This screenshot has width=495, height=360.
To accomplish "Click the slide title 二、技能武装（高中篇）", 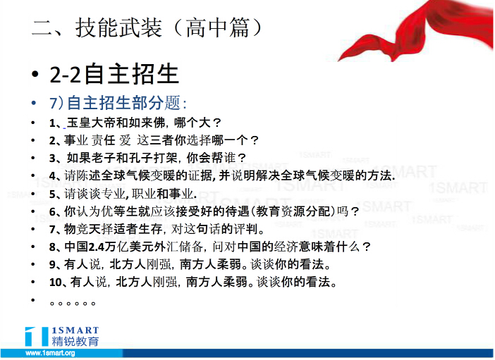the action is pos(147,27).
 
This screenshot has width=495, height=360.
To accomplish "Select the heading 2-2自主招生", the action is pos(114,74).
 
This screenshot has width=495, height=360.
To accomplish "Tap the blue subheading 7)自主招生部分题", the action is pos(118,103).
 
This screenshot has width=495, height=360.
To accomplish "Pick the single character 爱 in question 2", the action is pos(125,140).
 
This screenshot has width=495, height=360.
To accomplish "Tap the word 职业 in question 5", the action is pos(144,194).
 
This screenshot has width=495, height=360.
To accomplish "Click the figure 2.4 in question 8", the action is pos(97,247).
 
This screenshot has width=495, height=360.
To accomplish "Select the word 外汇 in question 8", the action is pos(166,247).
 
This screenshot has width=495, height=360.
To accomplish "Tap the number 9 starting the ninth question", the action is pos(52,264).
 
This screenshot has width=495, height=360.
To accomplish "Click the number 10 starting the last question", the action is pos(56,282).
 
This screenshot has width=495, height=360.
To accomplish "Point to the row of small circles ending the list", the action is pos(73,304).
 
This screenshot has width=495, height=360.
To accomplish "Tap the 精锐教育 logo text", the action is pos(75,342).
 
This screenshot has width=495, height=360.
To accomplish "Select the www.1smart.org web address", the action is pos(50,353).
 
